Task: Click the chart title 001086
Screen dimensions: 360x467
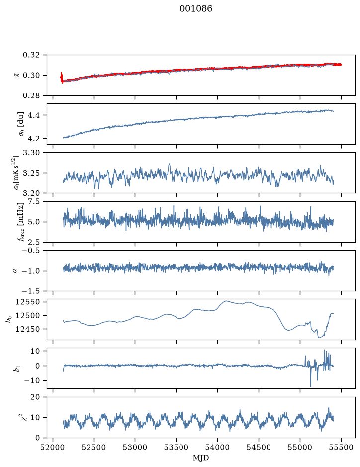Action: pyautogui.click(x=195, y=8)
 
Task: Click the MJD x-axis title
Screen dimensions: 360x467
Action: pyautogui.click(x=201, y=458)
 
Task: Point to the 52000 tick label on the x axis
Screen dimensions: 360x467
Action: pyautogui.click(x=53, y=447)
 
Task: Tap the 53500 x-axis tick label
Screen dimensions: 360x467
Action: pyautogui.click(x=177, y=447)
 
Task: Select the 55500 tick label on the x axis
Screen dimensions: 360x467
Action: pyautogui.click(x=341, y=447)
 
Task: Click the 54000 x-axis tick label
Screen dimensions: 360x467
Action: pyautogui.click(x=217, y=447)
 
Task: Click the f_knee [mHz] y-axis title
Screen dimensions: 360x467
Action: pyautogui.click(x=21, y=222)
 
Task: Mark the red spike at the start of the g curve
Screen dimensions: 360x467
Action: pyautogui.click(x=61, y=77)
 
